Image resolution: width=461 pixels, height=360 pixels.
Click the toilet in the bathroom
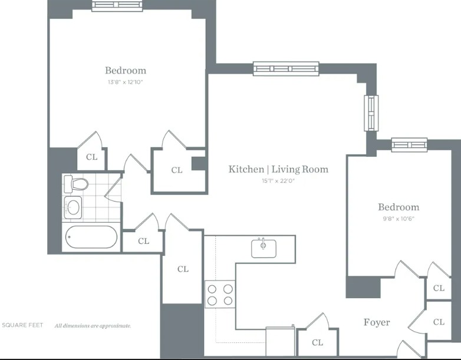[x=76, y=183]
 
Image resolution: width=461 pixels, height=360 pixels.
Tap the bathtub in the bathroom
[x=91, y=237]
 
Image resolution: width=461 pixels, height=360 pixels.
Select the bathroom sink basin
[x=73, y=207]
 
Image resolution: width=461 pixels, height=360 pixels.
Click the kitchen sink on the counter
[x=264, y=248]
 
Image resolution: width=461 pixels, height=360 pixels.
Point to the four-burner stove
[x=220, y=294]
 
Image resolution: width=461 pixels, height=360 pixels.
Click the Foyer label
[x=377, y=322]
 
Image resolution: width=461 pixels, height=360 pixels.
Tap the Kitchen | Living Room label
[x=278, y=169]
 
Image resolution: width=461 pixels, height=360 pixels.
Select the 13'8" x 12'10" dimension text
[x=125, y=82]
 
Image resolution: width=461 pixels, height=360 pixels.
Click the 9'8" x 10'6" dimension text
[x=399, y=219]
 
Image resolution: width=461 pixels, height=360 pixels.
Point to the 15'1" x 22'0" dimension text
[x=278, y=181]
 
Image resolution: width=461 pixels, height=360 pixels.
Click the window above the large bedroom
[x=117, y=5]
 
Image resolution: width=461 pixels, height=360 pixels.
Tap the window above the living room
[x=286, y=69]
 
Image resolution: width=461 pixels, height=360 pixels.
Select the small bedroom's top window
[x=409, y=145]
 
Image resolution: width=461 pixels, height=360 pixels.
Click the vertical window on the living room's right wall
[x=371, y=113]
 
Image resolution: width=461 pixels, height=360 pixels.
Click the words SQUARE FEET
[x=22, y=325]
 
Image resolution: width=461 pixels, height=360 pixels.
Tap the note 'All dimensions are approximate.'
[x=93, y=326]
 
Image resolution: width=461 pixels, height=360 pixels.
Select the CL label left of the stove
[x=183, y=269]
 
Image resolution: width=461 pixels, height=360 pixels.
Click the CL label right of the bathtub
[x=143, y=241]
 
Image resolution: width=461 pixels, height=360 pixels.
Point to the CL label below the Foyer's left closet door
[x=318, y=342]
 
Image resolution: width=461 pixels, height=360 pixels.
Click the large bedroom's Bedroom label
[x=126, y=71]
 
